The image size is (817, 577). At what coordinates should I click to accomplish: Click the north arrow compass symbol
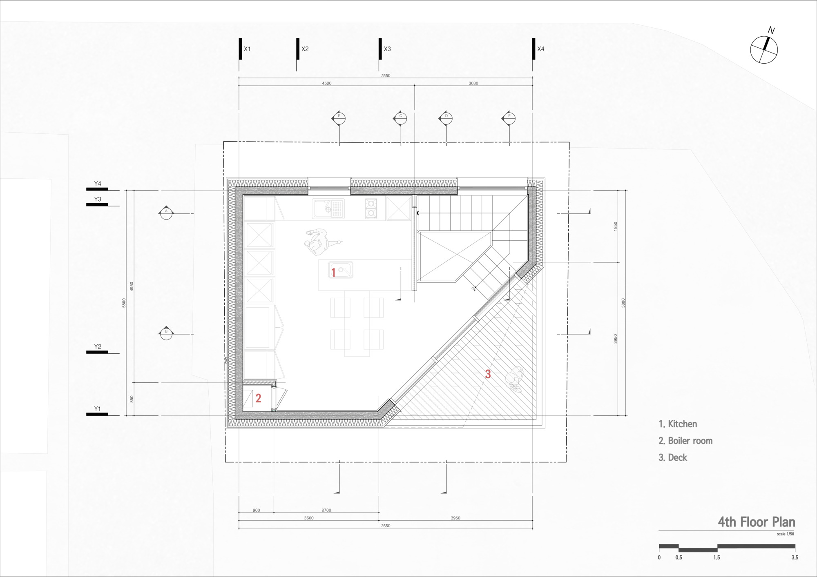(763, 50)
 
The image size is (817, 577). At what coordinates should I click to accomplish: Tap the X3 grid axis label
(387, 49)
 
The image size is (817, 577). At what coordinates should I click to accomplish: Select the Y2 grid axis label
(98, 347)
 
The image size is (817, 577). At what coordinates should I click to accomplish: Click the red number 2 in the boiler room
(258, 398)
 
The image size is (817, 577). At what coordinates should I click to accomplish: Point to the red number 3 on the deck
(488, 374)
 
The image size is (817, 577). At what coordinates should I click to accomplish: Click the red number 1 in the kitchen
(333, 272)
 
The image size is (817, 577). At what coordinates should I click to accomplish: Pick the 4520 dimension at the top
(326, 83)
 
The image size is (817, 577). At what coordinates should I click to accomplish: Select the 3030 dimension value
(473, 83)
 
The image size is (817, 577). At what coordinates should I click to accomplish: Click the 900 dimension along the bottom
(256, 510)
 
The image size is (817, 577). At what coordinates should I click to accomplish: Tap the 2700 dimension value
(326, 510)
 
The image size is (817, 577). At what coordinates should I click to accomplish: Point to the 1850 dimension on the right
(615, 226)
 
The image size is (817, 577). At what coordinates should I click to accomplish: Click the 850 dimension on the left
(132, 399)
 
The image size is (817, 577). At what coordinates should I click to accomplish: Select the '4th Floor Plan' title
(757, 522)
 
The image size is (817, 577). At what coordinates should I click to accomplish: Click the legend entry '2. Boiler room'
(685, 441)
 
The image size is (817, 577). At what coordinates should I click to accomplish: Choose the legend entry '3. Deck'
(672, 457)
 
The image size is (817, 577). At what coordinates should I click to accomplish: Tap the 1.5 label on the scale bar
(717, 557)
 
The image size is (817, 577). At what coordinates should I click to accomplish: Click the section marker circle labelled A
(166, 213)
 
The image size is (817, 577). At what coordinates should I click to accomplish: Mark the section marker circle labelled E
(339, 118)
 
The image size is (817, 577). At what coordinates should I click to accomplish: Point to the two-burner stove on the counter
(371, 208)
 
